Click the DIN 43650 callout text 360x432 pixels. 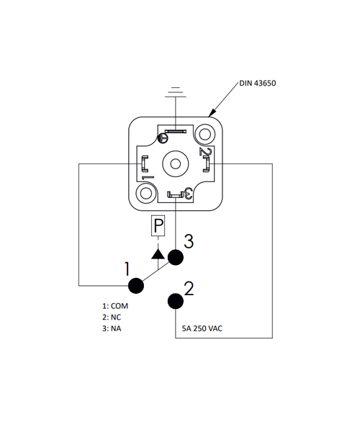pos(257,84)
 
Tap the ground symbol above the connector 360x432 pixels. pos(176,92)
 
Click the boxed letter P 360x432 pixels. pos(158,225)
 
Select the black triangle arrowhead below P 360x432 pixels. pos(158,254)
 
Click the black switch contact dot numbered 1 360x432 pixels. pos(136,286)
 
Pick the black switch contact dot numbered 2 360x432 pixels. pos(176,301)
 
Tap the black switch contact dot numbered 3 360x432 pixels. pos(176,257)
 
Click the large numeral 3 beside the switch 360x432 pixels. pos(189,241)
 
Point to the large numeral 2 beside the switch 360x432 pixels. pos(189,289)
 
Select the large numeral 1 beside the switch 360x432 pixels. pos(127,269)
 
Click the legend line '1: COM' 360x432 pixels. pos(115,306)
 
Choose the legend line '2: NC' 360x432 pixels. pos(112,318)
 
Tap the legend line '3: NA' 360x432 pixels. pos(112,329)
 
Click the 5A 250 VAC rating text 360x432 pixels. pos(202,328)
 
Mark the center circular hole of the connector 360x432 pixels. pos(176,164)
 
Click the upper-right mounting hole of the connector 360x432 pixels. pos(204,135)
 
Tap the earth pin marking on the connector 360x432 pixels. pos(163,138)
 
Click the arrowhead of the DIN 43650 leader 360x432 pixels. pos(212,113)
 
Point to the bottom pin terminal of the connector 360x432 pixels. pos(176,195)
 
